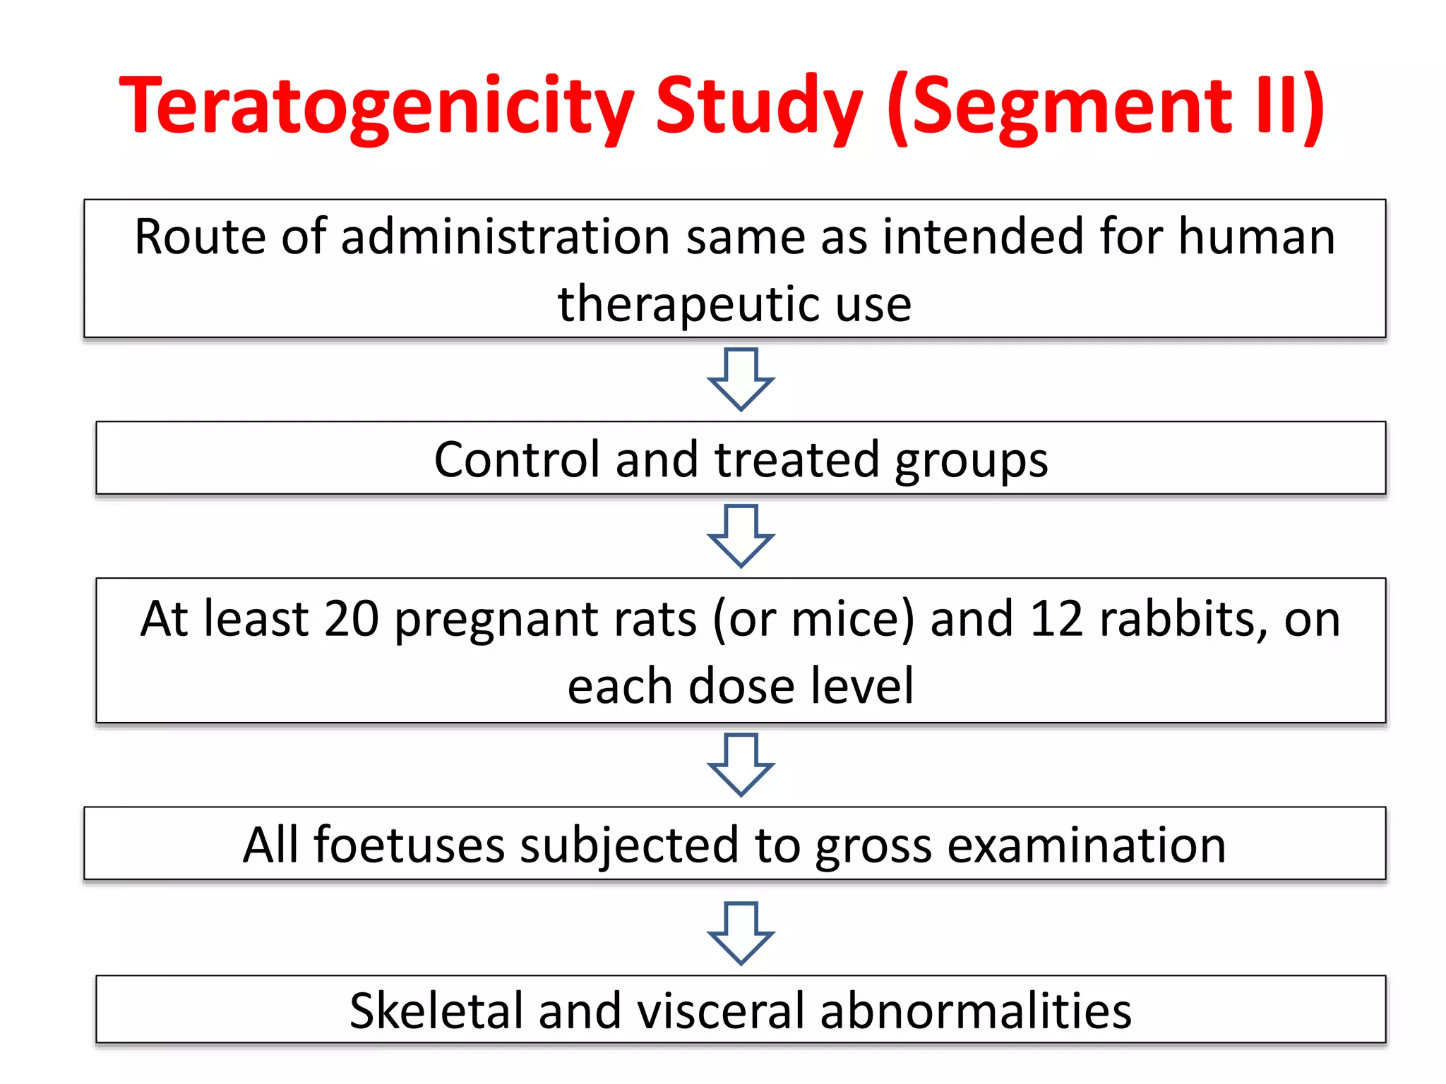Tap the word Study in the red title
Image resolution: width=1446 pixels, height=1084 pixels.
(759, 106)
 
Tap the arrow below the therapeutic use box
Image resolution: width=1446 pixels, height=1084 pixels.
(741, 379)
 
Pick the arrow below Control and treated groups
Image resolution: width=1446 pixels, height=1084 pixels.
(741, 536)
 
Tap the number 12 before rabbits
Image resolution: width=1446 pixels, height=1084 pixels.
(1056, 619)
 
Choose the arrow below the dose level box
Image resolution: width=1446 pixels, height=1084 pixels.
(741, 764)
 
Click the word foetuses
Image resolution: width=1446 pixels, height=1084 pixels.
(410, 845)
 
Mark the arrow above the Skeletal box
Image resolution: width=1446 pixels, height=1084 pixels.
(741, 933)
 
